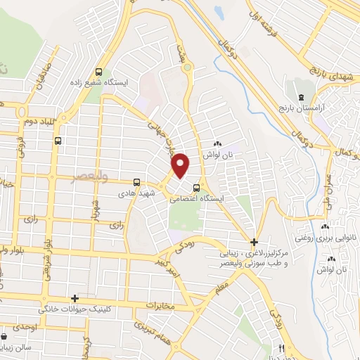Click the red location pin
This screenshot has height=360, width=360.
181,165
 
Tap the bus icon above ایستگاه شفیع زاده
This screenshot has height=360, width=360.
99,72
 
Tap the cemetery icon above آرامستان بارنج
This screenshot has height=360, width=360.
300,96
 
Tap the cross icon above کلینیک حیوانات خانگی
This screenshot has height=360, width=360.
75,299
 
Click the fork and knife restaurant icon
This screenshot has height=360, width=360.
282,348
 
